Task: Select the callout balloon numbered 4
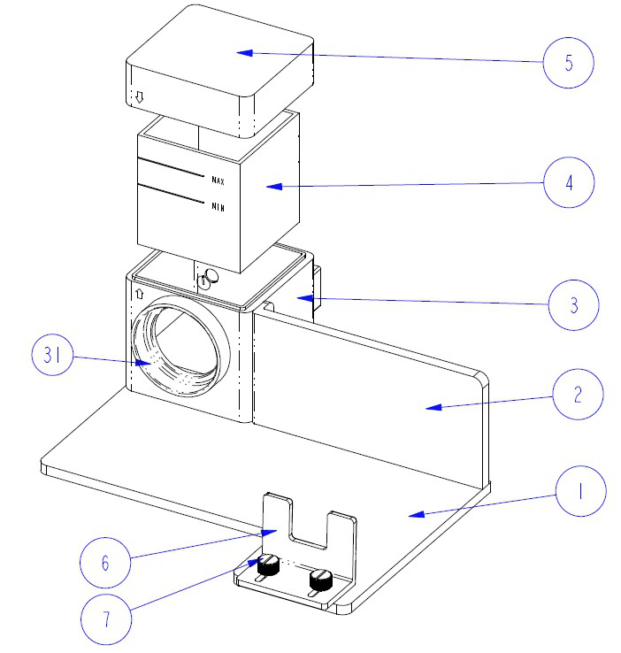tap(569, 183)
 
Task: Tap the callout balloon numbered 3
tap(573, 305)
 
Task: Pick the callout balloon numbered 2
tap(577, 394)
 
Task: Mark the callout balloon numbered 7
tap(106, 616)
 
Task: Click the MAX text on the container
tap(218, 181)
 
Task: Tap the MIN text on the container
tap(218, 207)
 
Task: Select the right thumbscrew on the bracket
tap(319, 580)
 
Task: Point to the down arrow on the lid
tap(138, 96)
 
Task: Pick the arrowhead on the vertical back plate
tap(429, 407)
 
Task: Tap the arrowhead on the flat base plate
tap(416, 513)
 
